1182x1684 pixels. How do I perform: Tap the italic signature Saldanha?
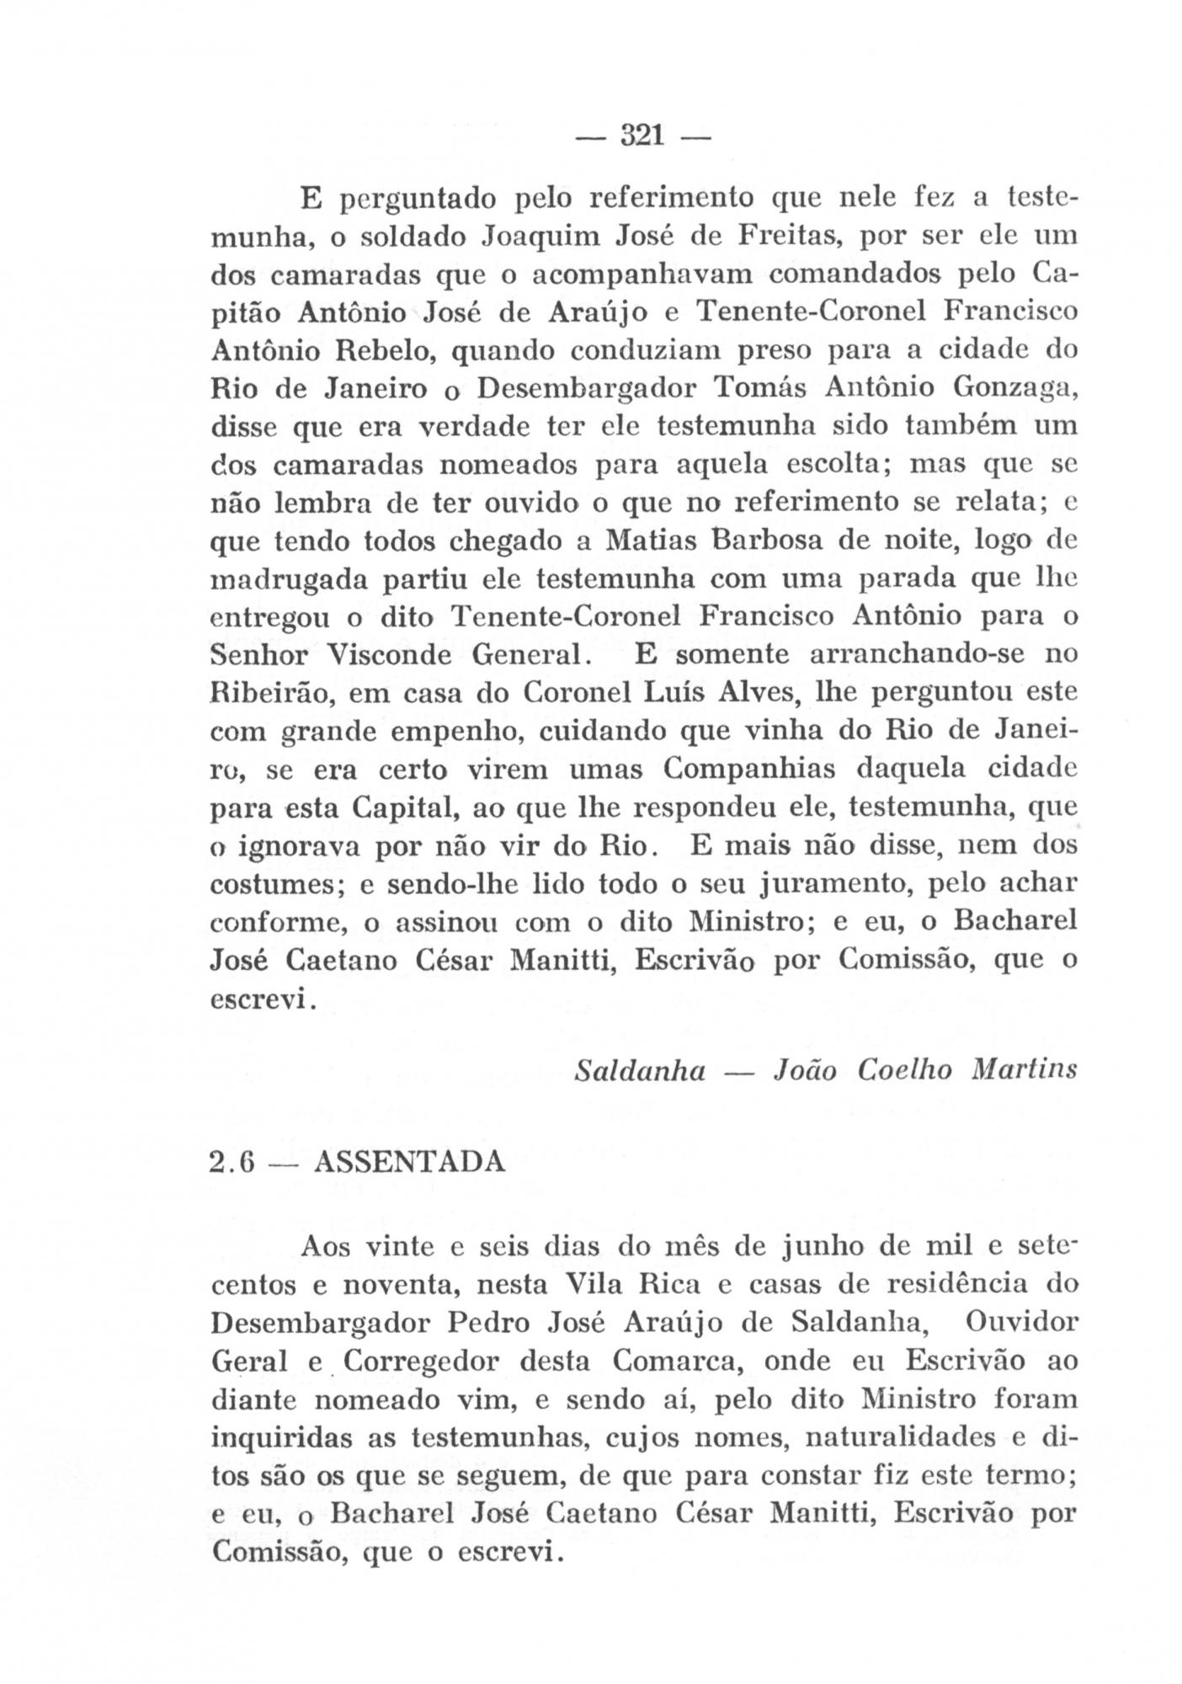(640, 1069)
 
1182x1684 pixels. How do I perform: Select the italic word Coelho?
(906, 1069)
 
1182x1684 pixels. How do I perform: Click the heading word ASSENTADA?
(409, 1163)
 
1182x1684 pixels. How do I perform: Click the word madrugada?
(286, 581)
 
